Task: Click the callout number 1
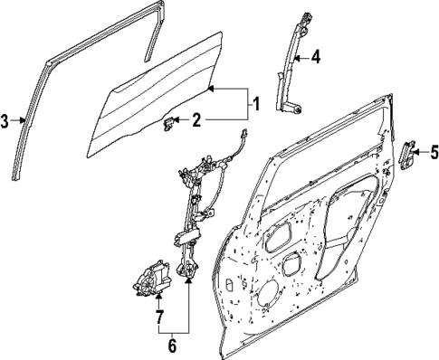point(255,104)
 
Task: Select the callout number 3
point(5,121)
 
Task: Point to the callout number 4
point(316,58)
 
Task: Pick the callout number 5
point(434,151)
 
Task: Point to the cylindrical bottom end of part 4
point(294,109)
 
